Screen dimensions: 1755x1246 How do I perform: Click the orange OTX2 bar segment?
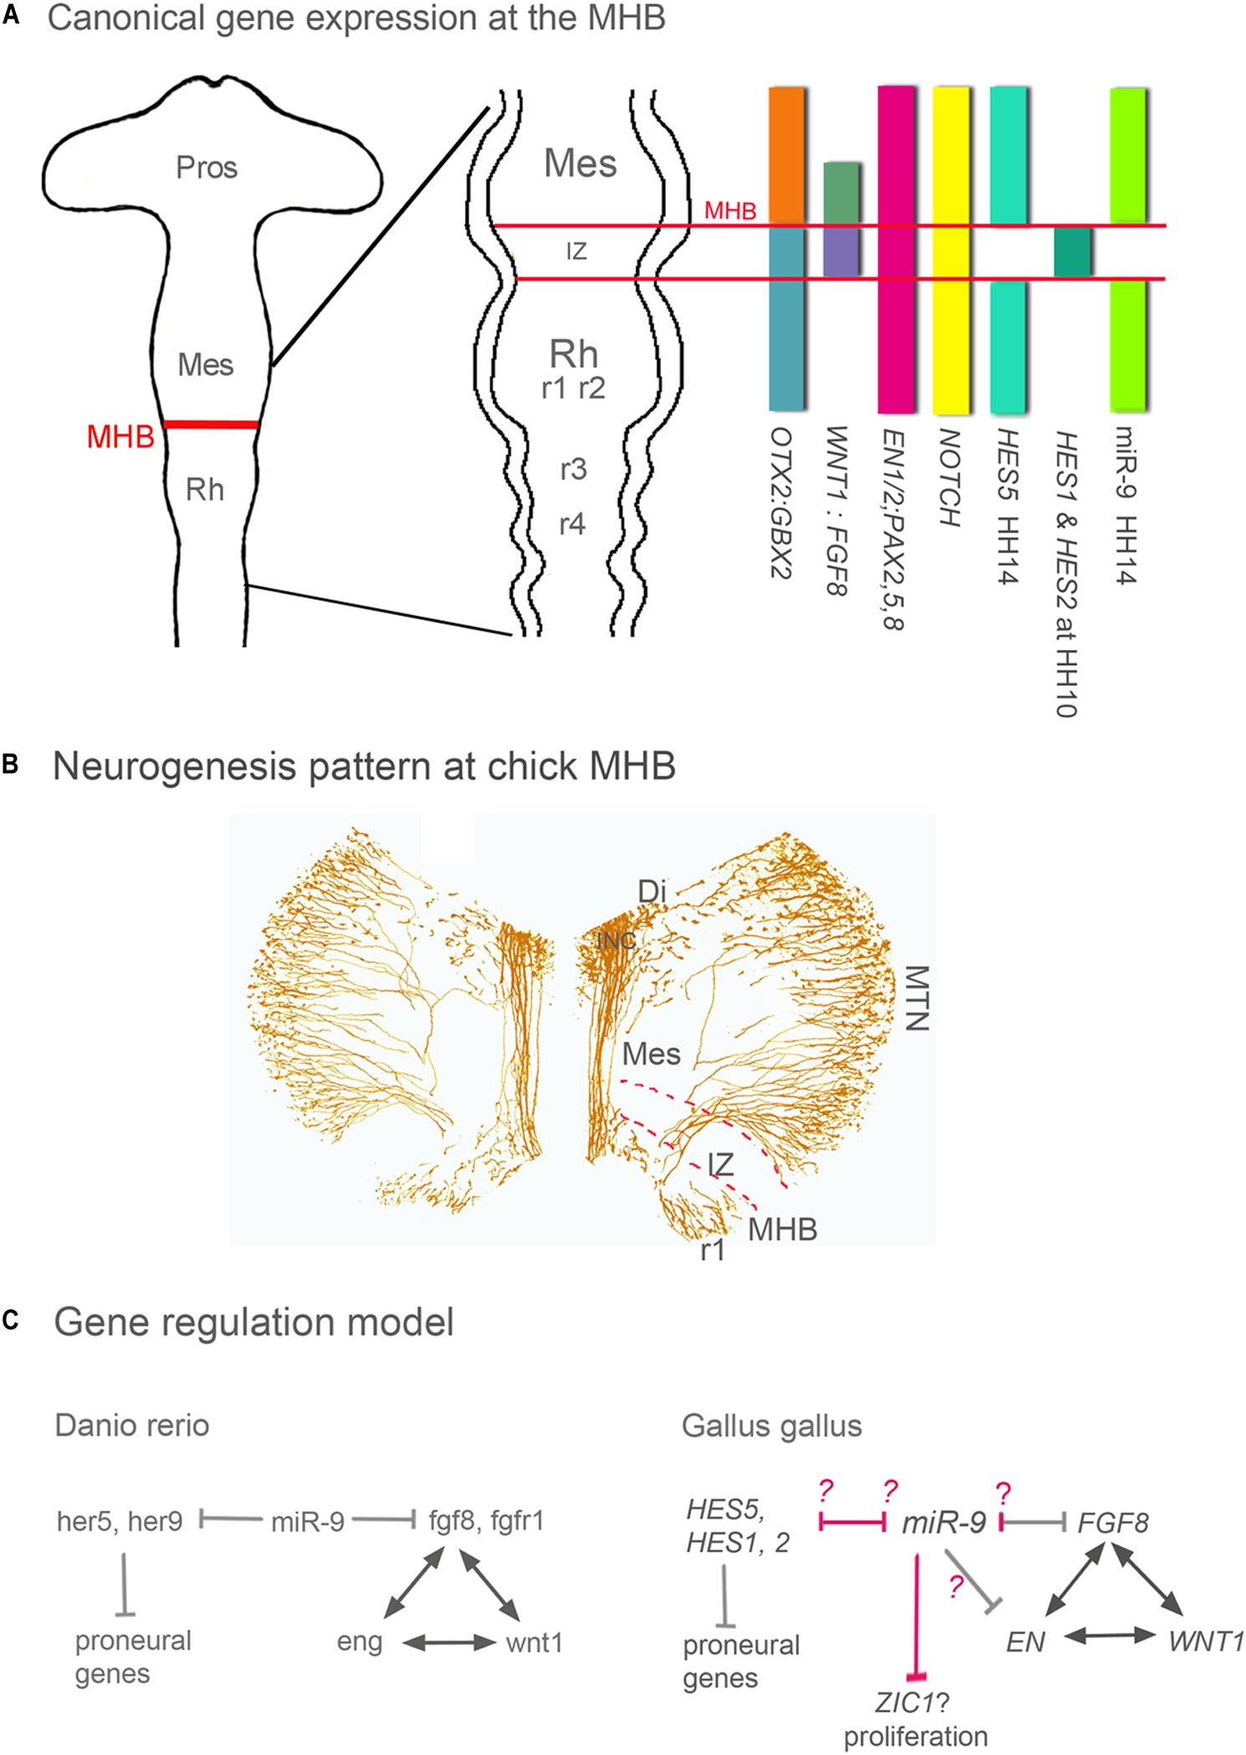[x=786, y=155]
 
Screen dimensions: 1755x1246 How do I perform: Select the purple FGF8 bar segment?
[x=841, y=252]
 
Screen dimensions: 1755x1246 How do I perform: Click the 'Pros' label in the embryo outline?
[x=207, y=168]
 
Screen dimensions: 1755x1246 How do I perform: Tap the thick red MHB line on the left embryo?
[x=210, y=425]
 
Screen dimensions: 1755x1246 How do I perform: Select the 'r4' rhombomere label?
[x=572, y=524]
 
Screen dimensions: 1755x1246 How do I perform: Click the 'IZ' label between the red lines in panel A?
[x=576, y=251]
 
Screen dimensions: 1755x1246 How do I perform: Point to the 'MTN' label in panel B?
[x=918, y=998]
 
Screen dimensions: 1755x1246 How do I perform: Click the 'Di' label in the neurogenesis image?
[x=651, y=893]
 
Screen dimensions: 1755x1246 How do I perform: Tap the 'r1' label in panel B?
[x=712, y=1250]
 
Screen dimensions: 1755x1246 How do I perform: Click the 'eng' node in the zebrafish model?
[x=360, y=1642]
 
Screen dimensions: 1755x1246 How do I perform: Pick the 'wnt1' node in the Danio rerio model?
[x=534, y=1642]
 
